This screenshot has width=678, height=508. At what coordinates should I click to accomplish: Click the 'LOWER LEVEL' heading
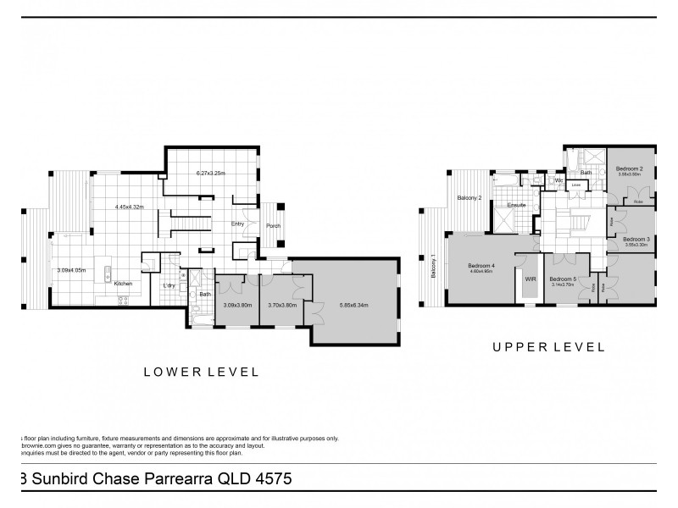(200, 371)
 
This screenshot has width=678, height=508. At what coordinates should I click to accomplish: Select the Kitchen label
(124, 284)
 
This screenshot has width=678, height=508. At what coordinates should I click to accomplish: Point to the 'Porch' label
(273, 225)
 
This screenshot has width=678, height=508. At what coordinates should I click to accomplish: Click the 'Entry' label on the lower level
(238, 224)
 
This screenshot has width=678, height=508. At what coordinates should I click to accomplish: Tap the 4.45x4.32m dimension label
(130, 207)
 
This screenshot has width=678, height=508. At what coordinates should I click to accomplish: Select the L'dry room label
(169, 285)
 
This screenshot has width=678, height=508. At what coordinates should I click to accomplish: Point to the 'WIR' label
(531, 278)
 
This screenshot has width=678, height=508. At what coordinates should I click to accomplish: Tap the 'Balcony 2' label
(470, 198)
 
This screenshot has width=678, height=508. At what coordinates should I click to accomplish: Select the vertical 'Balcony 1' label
(433, 267)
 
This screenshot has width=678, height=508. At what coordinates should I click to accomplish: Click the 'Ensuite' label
(517, 206)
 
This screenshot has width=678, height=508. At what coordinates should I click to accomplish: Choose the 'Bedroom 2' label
(629, 169)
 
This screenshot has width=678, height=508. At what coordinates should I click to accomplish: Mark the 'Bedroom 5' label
(562, 279)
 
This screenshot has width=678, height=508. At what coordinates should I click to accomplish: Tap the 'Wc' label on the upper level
(559, 180)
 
